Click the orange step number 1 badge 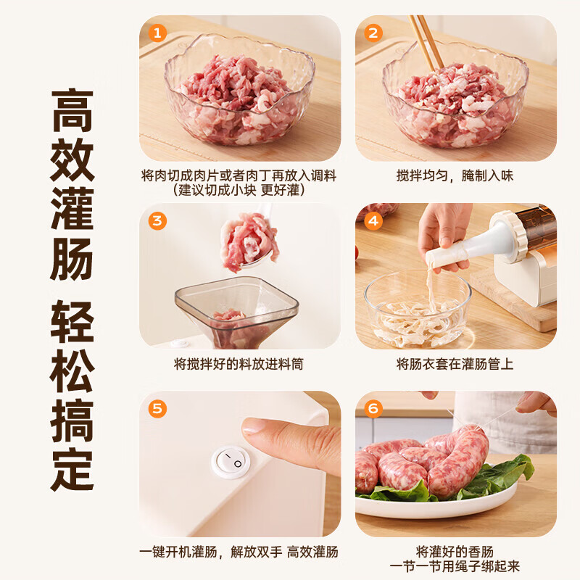(x=157, y=33)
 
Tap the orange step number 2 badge (x=373, y=33)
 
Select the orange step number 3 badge (x=157, y=220)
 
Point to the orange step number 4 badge (x=373, y=220)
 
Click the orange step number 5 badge (x=157, y=408)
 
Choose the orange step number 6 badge (x=373, y=408)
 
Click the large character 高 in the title (x=72, y=109)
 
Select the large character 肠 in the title (x=72, y=257)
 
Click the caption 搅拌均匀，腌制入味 (x=455, y=176)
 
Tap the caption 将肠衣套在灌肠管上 (x=455, y=364)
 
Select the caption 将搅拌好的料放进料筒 (x=239, y=364)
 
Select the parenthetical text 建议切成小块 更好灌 (x=239, y=191)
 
